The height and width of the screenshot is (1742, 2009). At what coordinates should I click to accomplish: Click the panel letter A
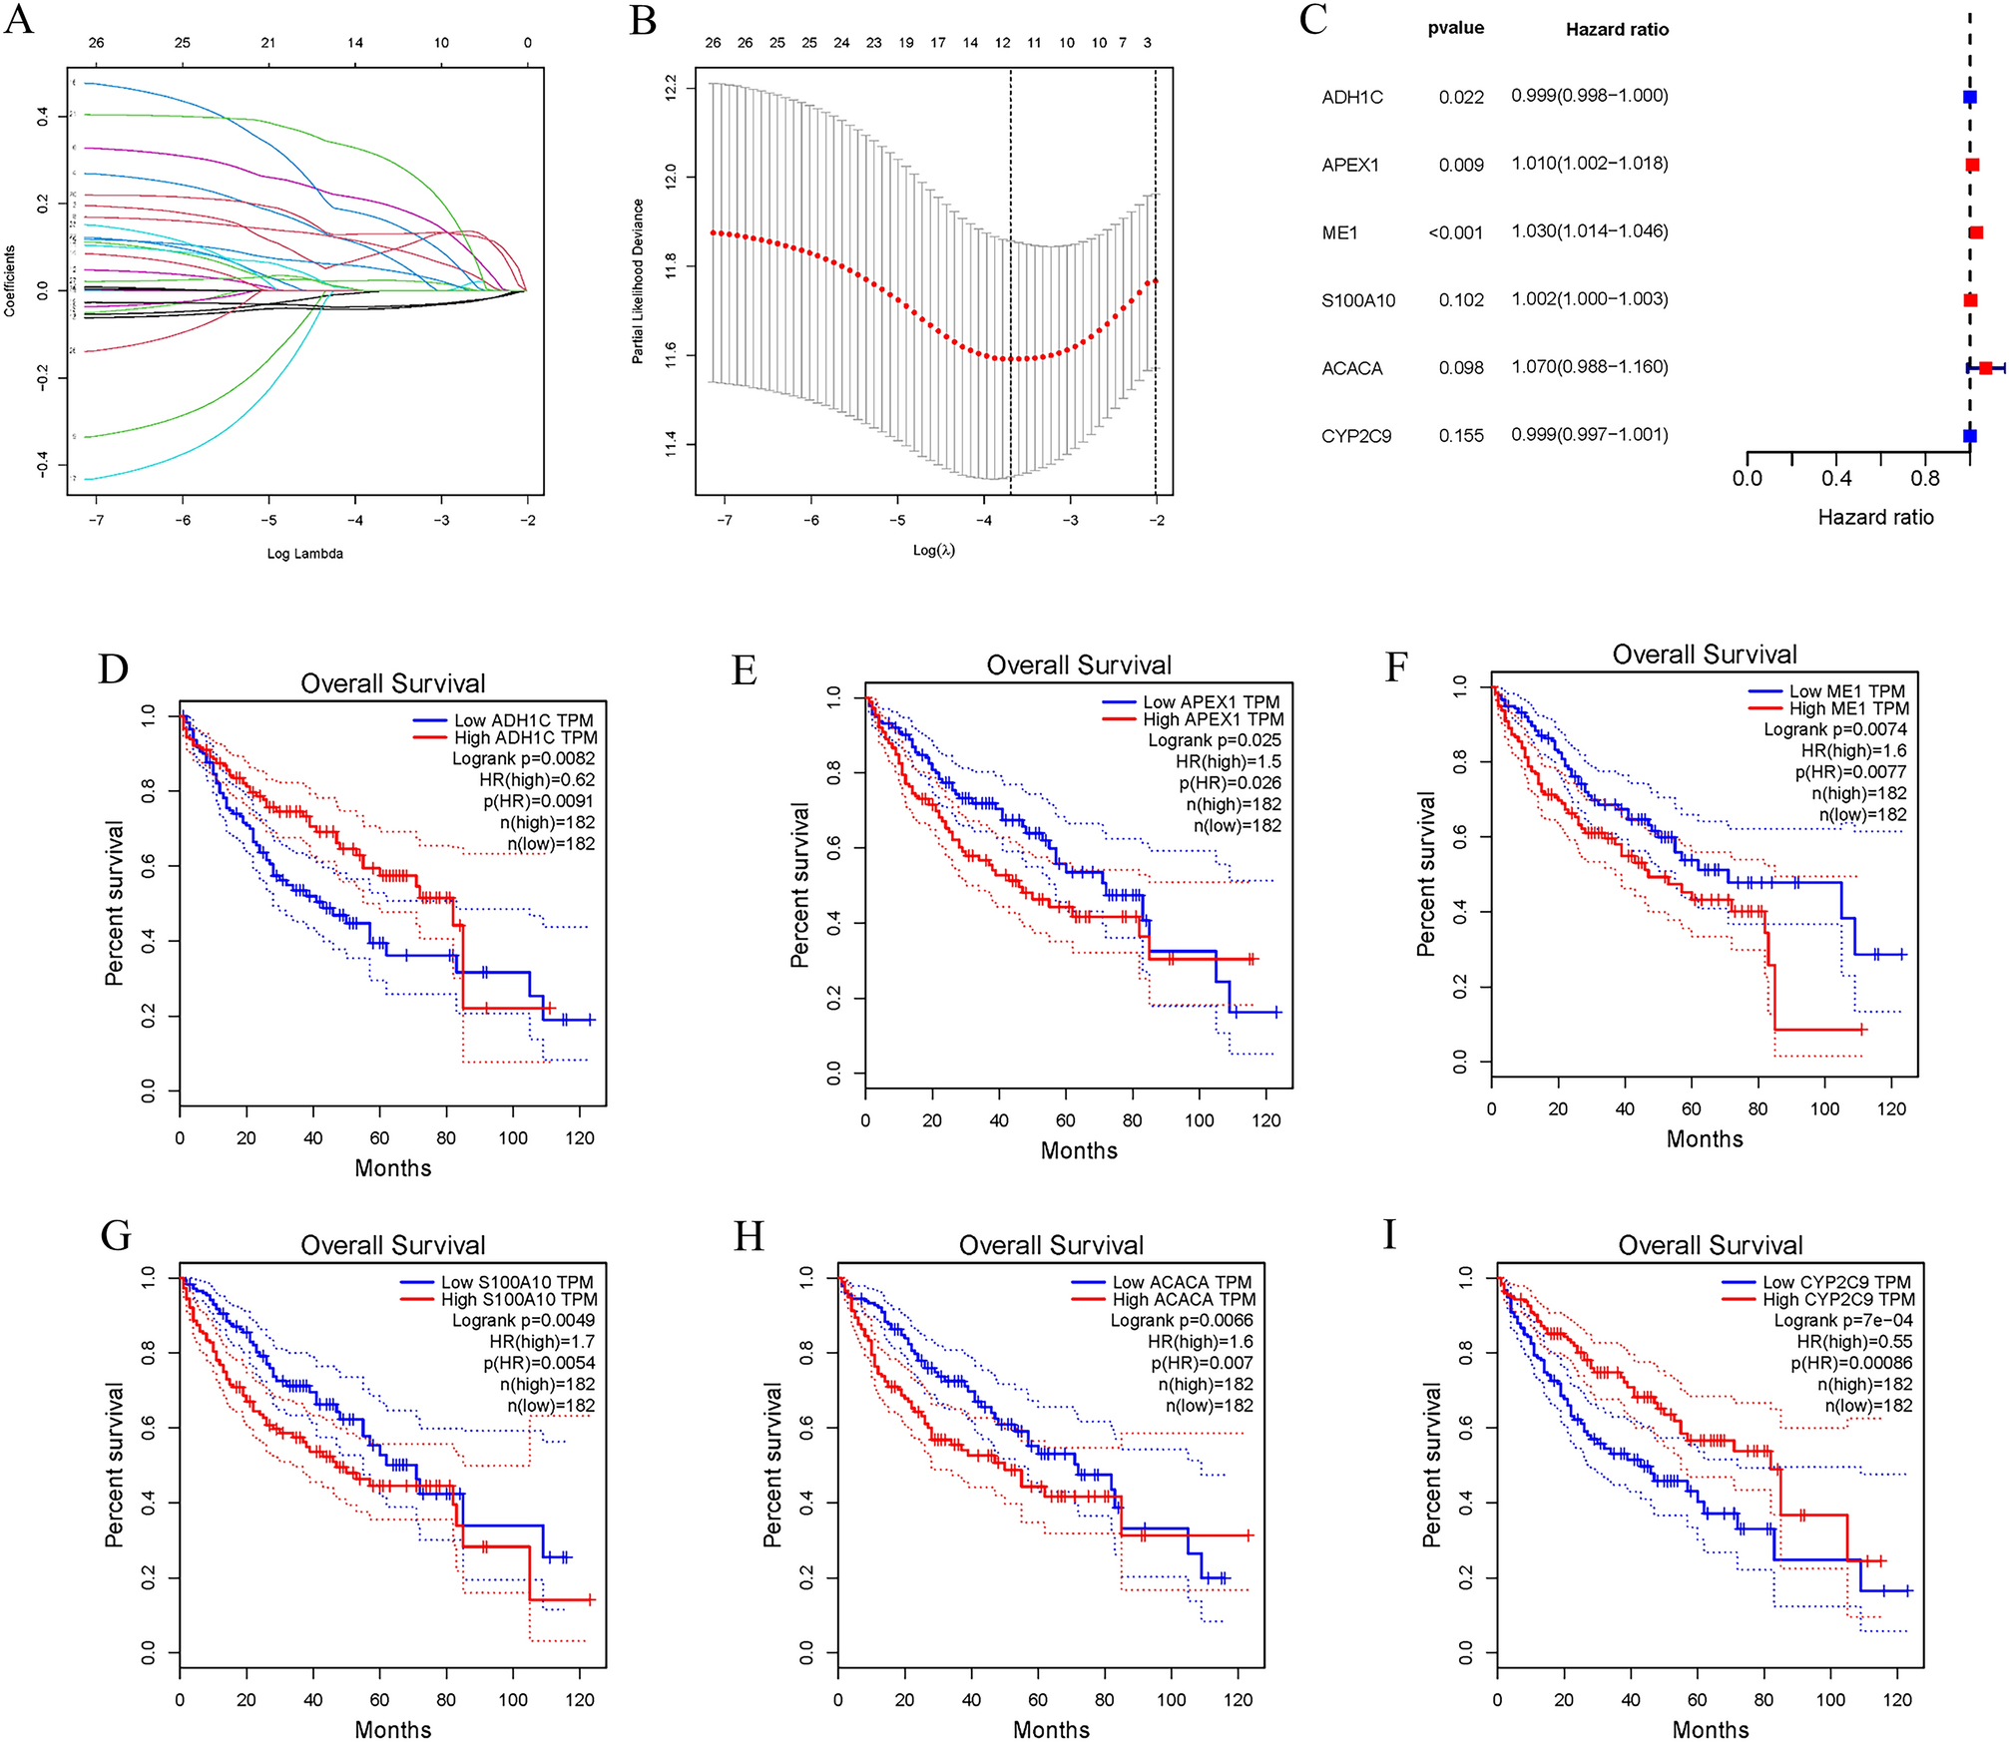(19, 20)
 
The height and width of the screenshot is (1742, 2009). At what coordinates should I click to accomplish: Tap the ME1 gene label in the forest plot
(1339, 232)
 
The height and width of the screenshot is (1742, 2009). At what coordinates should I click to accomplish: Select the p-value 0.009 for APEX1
(1460, 165)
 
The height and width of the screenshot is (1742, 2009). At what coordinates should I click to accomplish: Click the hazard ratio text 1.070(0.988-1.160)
(1589, 367)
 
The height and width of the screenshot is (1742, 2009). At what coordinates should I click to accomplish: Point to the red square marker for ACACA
(1985, 368)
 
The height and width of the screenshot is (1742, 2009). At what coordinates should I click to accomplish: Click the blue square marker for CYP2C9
(1969, 436)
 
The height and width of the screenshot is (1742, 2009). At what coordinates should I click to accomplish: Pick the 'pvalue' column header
(1455, 28)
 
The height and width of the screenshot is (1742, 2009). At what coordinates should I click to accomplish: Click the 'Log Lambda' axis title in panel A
(304, 554)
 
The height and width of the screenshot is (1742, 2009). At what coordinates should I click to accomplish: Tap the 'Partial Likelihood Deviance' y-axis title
(638, 281)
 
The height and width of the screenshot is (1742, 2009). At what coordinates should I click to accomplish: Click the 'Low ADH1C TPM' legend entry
(523, 720)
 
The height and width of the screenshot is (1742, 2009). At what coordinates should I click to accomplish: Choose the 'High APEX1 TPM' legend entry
(1213, 719)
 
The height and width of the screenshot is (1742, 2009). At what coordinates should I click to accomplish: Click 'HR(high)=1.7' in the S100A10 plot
(541, 1342)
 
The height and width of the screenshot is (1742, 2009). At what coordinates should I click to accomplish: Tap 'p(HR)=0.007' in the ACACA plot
(1201, 1363)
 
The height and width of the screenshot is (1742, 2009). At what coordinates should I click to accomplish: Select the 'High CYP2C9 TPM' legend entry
(1837, 1299)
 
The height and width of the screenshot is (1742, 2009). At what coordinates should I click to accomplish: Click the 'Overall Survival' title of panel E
(1078, 665)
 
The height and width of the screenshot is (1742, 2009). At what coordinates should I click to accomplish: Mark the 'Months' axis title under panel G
(392, 1729)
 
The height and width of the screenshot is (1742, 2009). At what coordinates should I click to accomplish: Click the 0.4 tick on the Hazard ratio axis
(1835, 479)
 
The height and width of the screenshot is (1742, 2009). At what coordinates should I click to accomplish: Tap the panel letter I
(1389, 1235)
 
